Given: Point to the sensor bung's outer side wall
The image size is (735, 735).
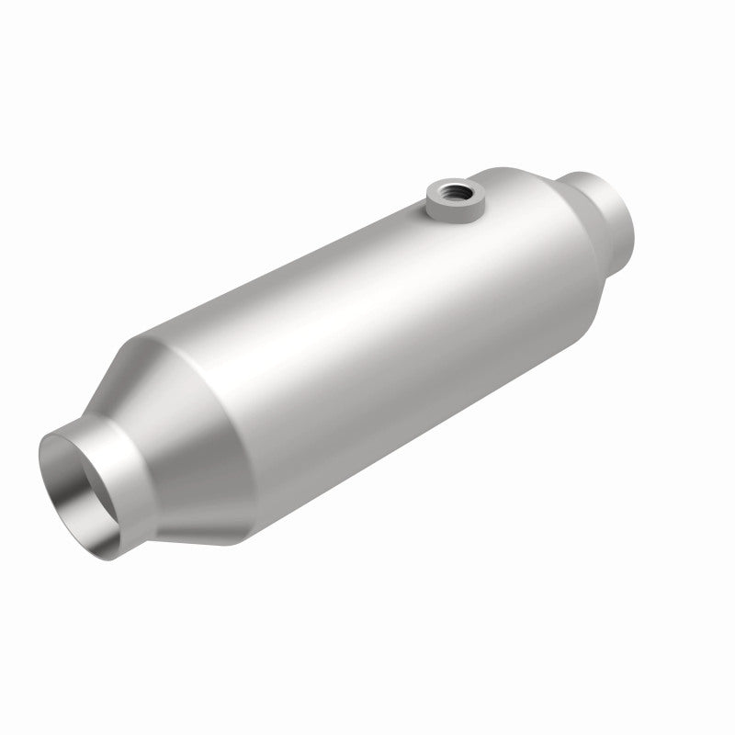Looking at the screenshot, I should tap(451, 209).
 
